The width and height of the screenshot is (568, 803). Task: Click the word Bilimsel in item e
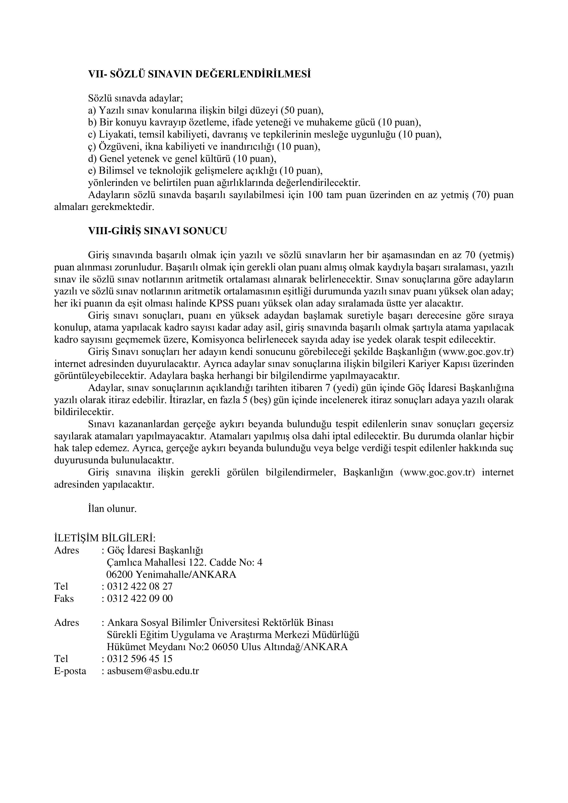pos(114,171)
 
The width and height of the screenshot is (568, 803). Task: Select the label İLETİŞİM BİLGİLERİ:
pos(105,538)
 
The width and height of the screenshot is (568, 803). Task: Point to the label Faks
pos(64,598)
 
